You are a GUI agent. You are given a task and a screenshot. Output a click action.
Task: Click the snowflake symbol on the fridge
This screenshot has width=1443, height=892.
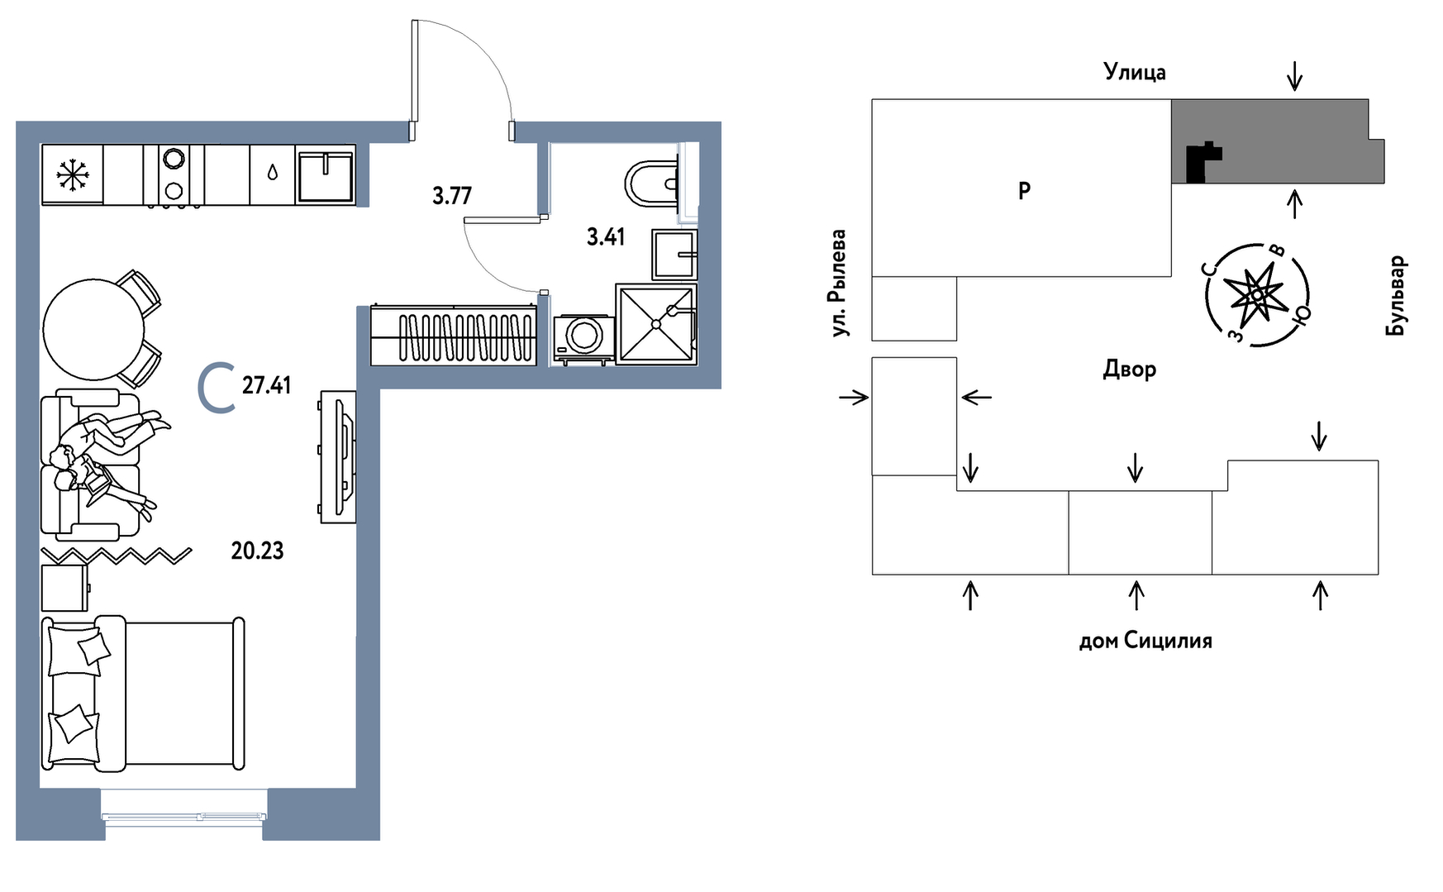[72, 175]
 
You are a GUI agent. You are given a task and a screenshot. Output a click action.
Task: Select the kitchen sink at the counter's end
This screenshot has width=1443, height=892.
[326, 175]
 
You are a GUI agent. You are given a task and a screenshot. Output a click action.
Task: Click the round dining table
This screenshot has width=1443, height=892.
[94, 328]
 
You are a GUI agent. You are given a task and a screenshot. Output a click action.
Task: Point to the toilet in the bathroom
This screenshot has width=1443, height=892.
[654, 184]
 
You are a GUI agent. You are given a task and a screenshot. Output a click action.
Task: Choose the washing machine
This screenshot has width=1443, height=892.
[584, 337]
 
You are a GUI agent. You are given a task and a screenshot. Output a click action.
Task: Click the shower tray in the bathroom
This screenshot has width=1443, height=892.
[656, 323]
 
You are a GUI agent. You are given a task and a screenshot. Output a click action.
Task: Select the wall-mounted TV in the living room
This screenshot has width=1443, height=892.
[339, 456]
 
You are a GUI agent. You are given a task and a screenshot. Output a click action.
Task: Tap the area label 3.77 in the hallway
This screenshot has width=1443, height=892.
[452, 196]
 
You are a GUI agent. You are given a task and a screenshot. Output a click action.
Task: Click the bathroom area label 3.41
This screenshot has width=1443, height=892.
[606, 237]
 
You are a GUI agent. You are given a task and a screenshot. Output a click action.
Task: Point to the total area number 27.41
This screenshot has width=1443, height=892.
[266, 385]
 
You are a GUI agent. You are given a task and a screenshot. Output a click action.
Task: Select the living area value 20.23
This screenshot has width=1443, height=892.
[257, 551]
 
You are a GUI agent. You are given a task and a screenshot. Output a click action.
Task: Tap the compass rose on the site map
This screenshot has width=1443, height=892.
[1256, 294]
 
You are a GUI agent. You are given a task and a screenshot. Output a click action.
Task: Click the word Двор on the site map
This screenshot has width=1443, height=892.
[1129, 370]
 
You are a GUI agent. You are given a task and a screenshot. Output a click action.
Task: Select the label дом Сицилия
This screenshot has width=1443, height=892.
[1145, 641]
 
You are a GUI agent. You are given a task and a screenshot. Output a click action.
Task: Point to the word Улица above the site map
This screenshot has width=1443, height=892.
[1135, 73]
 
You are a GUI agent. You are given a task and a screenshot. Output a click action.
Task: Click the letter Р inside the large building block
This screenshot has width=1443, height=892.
[1024, 191]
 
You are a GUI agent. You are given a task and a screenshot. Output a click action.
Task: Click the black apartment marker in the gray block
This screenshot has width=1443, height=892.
[1203, 162]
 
